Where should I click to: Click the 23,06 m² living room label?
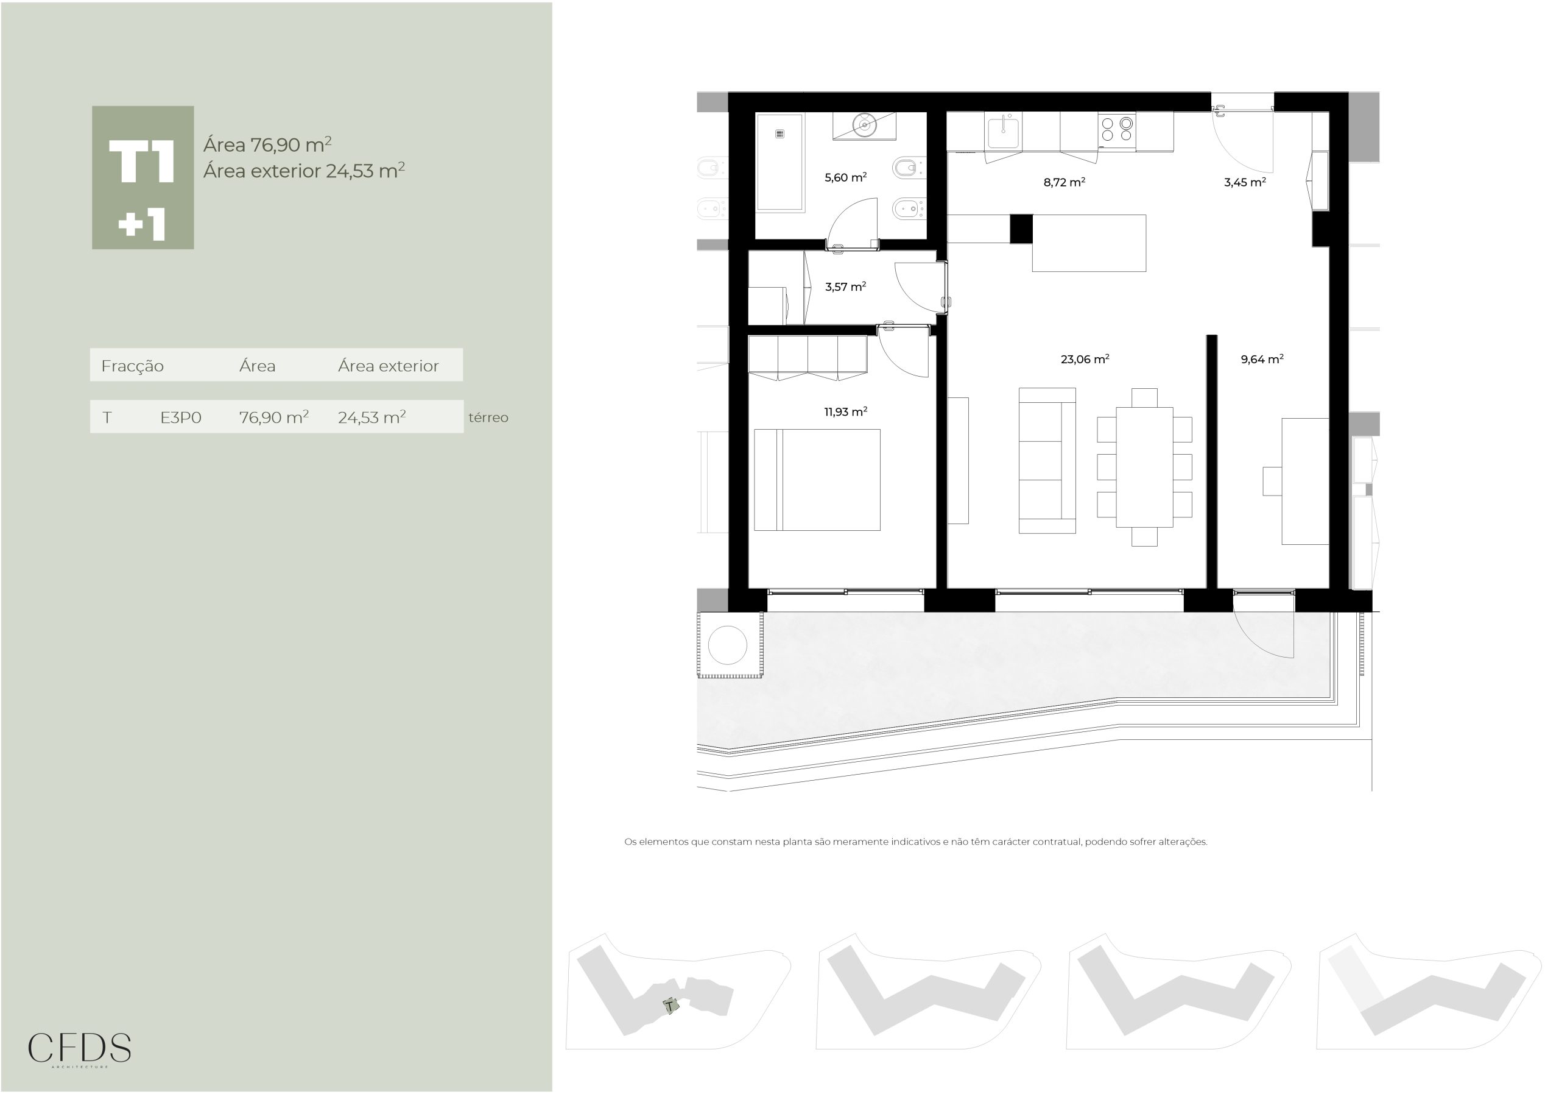pyautogui.click(x=1085, y=359)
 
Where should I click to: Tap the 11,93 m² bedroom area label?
pyautogui.click(x=845, y=412)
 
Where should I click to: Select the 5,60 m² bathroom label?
pyautogui.click(x=845, y=178)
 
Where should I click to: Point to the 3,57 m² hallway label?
pyautogui.click(x=845, y=286)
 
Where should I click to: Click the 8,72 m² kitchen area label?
pyautogui.click(x=1064, y=182)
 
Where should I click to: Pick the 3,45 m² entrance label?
pyautogui.click(x=1245, y=182)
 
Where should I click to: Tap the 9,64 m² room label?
pyautogui.click(x=1262, y=360)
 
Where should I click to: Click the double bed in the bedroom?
pyautogui.click(x=817, y=480)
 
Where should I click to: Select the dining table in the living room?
pyautogui.click(x=1144, y=467)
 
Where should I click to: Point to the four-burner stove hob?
pyautogui.click(x=1116, y=130)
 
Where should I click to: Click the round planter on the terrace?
pyautogui.click(x=727, y=645)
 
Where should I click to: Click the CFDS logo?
pyautogui.click(x=79, y=1048)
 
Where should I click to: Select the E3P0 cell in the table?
pyautogui.click(x=181, y=417)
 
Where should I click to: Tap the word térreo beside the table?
pyautogui.click(x=488, y=417)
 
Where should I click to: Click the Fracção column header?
pyautogui.click(x=132, y=366)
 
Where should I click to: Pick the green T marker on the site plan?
pyautogui.click(x=671, y=1006)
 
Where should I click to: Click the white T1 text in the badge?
pyautogui.click(x=142, y=162)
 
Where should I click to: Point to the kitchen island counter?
pyautogui.click(x=1088, y=243)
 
